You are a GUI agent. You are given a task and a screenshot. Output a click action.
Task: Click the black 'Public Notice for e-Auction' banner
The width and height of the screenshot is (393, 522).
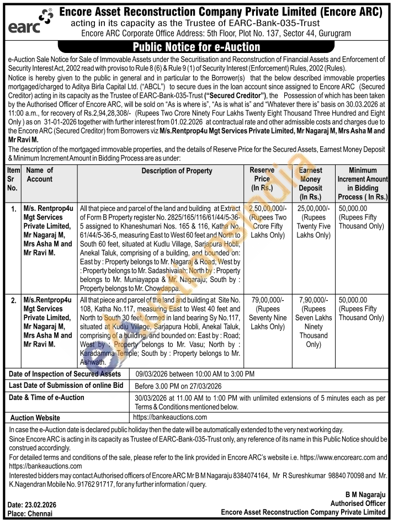pyautogui.click(x=196, y=47)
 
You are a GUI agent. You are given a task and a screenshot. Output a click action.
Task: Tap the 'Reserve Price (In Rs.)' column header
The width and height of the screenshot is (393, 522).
pyautogui.click(x=262, y=179)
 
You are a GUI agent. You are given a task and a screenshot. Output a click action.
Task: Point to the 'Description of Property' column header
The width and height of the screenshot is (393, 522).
pyautogui.click(x=177, y=171)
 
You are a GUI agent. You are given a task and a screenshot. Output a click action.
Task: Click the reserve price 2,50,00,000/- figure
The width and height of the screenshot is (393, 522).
pyautogui.click(x=268, y=209)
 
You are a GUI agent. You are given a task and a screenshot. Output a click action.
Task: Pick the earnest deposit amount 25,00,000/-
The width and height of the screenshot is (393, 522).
pyautogui.click(x=313, y=209)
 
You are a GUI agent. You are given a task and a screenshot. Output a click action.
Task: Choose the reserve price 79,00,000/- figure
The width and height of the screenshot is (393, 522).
pyautogui.click(x=267, y=300)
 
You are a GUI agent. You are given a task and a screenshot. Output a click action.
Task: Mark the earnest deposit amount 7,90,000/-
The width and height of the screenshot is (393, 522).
pyautogui.click(x=313, y=300)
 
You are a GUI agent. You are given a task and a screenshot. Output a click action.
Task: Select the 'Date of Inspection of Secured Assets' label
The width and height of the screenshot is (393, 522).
pyautogui.click(x=65, y=374)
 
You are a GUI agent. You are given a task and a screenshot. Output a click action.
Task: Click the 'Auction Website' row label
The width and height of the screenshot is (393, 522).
pyautogui.click(x=35, y=418)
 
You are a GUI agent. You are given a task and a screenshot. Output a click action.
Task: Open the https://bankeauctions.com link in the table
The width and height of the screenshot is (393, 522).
pyautogui.click(x=170, y=417)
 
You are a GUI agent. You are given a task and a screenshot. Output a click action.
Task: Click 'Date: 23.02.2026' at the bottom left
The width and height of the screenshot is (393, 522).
pyautogui.click(x=31, y=505)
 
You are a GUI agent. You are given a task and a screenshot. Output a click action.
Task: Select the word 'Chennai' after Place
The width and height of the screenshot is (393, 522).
pyautogui.click(x=41, y=513)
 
